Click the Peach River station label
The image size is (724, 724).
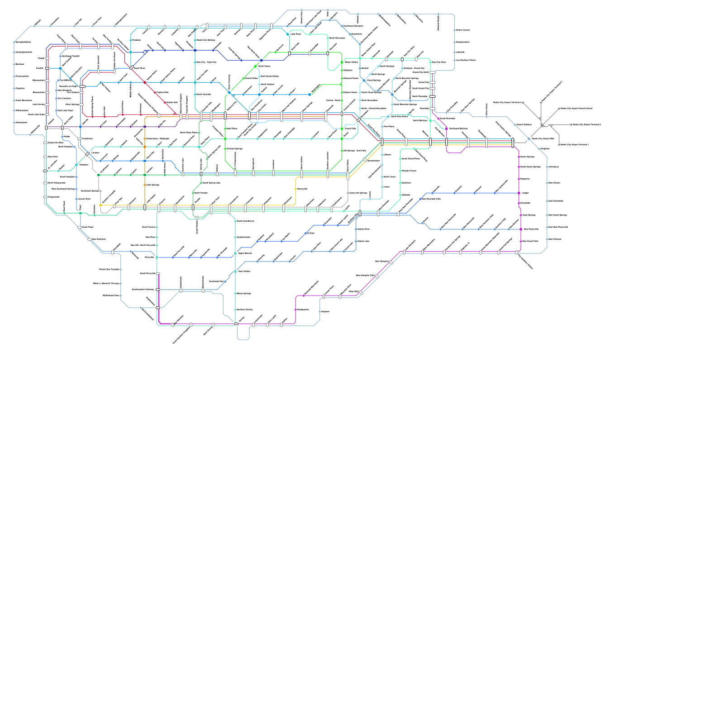coord(139,68)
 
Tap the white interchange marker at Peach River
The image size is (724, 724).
coord(132,68)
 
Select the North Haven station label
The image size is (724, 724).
coord(264,66)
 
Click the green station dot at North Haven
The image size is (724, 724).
coord(256,66)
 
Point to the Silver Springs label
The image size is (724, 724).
coord(72,105)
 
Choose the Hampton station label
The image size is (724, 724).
coord(84,165)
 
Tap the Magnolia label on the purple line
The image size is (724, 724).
coord(525,179)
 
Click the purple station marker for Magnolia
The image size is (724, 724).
coord(519,179)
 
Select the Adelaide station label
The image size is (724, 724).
coord(406,195)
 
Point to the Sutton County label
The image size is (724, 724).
coord(463,30)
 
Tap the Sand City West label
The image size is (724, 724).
coord(438,62)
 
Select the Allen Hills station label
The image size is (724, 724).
coord(353,292)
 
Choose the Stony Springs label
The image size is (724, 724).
coord(244,293)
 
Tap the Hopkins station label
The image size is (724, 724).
coord(325,311)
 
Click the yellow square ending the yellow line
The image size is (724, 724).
coord(100,205)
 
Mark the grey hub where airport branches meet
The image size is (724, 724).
coord(542,124)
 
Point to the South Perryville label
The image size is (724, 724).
coord(148,273)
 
